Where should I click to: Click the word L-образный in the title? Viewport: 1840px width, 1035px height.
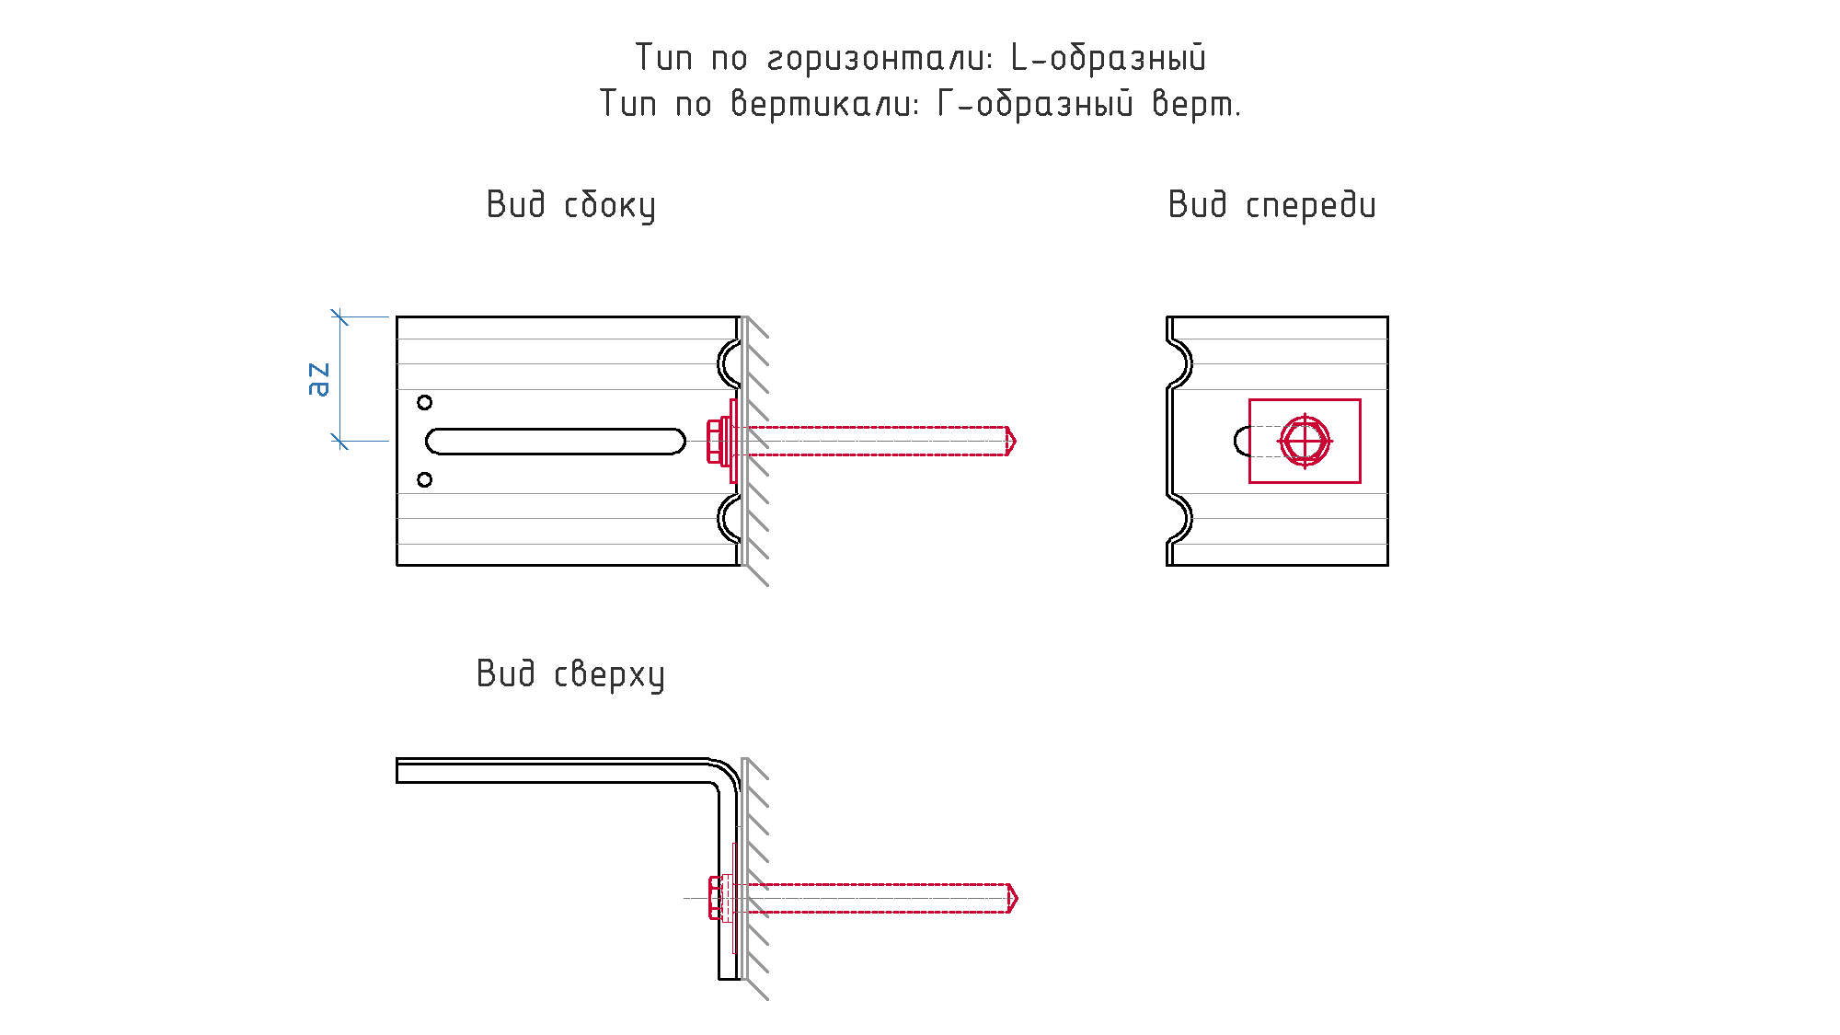(x=1108, y=58)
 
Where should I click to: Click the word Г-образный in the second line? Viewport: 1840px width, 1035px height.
(x=1035, y=104)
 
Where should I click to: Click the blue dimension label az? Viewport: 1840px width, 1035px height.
(x=317, y=379)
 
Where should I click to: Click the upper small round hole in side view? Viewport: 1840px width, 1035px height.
(x=424, y=402)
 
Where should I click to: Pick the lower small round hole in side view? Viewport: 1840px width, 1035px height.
(x=424, y=479)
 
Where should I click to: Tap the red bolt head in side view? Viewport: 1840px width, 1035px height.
(x=714, y=442)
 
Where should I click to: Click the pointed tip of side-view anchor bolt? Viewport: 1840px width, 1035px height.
(x=1015, y=442)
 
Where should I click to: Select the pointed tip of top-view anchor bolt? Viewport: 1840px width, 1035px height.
(x=1017, y=898)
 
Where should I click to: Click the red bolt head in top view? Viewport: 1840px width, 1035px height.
(x=715, y=898)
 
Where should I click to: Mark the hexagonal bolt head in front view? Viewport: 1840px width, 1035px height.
(x=1305, y=442)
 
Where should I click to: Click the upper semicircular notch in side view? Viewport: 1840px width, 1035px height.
(x=719, y=364)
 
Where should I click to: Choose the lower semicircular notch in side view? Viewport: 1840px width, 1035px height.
(x=719, y=519)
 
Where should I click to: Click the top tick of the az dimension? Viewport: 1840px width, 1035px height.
(x=340, y=317)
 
